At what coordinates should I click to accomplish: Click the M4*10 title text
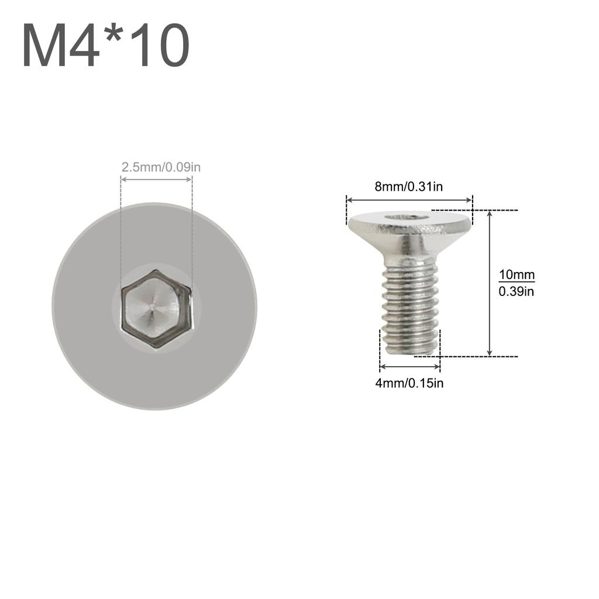click(x=106, y=47)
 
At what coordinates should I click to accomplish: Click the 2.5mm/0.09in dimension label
click(x=161, y=167)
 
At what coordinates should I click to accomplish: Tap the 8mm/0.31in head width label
click(x=408, y=187)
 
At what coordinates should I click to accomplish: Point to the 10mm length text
click(x=517, y=274)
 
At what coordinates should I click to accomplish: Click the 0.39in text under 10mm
click(x=517, y=291)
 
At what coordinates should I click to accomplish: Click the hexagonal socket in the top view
click(x=156, y=308)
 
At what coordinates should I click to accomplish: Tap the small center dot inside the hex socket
click(x=152, y=305)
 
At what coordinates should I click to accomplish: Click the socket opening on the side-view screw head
click(x=407, y=217)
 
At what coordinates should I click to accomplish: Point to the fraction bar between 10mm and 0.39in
click(x=517, y=282)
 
